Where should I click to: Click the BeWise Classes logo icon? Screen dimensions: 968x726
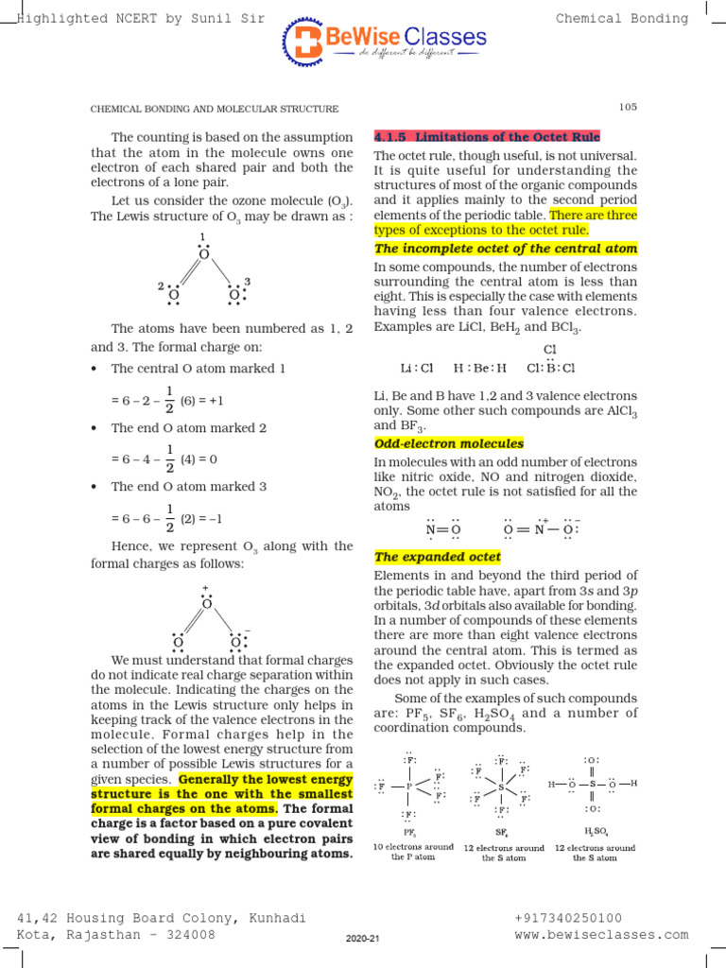[302, 43]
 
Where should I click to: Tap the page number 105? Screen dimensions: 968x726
[629, 107]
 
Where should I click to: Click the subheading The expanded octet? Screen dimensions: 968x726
[438, 557]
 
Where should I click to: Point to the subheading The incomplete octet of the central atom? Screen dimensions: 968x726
[506, 249]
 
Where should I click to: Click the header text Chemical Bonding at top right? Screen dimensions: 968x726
[621, 18]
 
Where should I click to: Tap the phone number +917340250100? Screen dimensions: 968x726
[567, 918]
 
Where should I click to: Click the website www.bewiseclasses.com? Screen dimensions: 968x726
[601, 935]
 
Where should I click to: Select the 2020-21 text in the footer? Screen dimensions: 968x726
[362, 939]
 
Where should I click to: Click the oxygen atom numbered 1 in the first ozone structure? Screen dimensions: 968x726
[203, 253]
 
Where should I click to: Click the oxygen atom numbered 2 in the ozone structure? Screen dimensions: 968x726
[174, 295]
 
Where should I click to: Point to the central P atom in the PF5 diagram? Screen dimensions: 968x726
[408, 786]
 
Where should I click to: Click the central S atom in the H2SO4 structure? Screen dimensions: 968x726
[591, 784]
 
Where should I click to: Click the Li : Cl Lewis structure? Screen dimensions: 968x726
[416, 368]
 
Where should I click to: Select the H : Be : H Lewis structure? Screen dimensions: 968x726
[480, 368]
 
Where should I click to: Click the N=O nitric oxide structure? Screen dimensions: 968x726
[442, 529]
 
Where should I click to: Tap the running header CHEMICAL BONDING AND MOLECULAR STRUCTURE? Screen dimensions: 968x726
[214, 110]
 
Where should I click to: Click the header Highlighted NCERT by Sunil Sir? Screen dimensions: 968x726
[142, 18]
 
